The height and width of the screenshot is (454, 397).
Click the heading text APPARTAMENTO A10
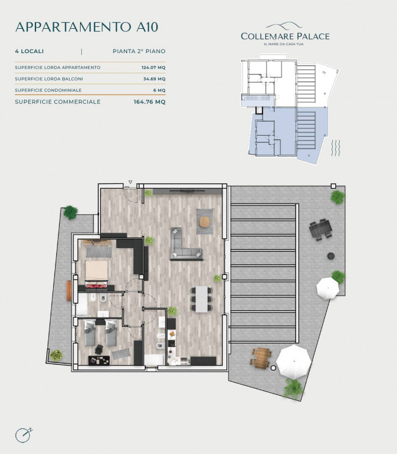(x=87, y=27)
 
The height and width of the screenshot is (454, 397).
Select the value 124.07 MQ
(x=153, y=67)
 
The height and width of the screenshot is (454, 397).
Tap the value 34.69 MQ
(x=155, y=79)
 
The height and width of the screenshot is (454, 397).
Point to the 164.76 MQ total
(x=149, y=102)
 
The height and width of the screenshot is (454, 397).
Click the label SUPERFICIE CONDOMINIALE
(x=48, y=90)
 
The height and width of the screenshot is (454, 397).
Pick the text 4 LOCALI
(x=29, y=51)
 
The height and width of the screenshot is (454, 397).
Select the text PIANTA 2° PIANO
(x=139, y=51)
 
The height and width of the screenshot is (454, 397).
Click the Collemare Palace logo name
(x=285, y=37)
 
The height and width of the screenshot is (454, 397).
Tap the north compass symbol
(x=23, y=435)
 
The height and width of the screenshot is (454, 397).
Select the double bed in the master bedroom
(x=97, y=274)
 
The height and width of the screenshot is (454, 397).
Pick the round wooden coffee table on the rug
(x=205, y=222)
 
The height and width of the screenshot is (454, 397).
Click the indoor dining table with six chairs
(x=202, y=299)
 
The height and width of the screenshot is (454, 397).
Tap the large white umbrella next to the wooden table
(x=294, y=362)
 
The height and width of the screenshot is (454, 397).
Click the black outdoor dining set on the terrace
(x=321, y=229)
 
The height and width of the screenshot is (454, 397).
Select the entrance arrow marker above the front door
(x=131, y=182)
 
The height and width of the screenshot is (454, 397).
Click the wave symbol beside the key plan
(x=336, y=148)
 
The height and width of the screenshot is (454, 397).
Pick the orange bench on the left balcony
(x=69, y=291)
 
